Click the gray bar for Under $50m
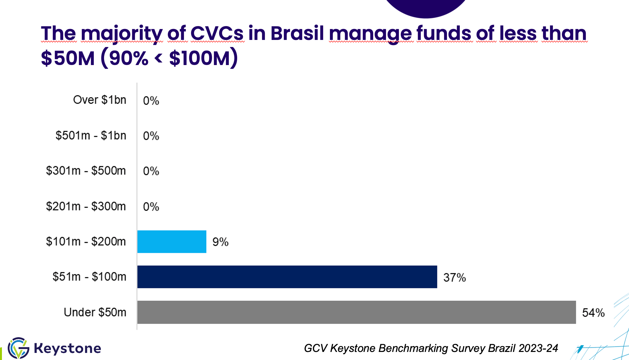pos(356,312)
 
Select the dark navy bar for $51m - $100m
pos(287,277)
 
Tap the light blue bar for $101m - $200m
pos(171,242)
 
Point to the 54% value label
pos(593,313)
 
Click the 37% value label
pos(454,277)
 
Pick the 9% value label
pos(220,242)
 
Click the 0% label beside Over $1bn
pos(151,101)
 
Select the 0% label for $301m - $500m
pos(151,171)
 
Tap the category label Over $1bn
pos(100,100)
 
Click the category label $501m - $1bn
pos(91,135)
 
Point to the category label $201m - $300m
pos(86,206)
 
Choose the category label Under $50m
pos(95,312)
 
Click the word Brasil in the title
pos(297,33)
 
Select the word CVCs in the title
pos(217,33)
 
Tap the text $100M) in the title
pos(203,58)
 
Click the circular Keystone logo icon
pos(18,348)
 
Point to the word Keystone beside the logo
pos(67,348)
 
